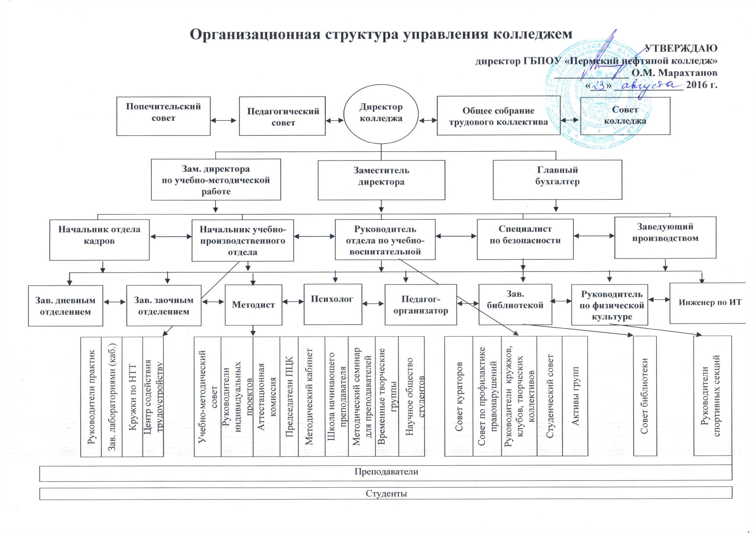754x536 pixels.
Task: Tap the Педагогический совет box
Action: (x=282, y=116)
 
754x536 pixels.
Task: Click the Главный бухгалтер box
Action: (x=557, y=180)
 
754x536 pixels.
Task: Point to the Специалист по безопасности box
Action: (x=525, y=239)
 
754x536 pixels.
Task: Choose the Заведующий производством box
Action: (x=665, y=237)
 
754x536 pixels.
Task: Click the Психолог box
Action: (x=333, y=304)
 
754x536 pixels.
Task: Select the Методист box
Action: (x=253, y=305)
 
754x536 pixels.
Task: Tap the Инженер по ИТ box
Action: (x=708, y=303)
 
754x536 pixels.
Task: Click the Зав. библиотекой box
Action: (x=515, y=304)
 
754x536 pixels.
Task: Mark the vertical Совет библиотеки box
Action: (x=645, y=396)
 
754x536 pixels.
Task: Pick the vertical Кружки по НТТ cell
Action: (x=132, y=397)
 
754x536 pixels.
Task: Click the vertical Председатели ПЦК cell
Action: (x=289, y=397)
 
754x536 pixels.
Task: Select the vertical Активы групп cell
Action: (x=575, y=396)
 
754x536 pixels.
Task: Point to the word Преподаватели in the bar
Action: (x=386, y=472)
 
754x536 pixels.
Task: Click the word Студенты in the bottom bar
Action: (x=386, y=494)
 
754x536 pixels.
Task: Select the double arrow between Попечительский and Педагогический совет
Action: (x=224, y=121)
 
